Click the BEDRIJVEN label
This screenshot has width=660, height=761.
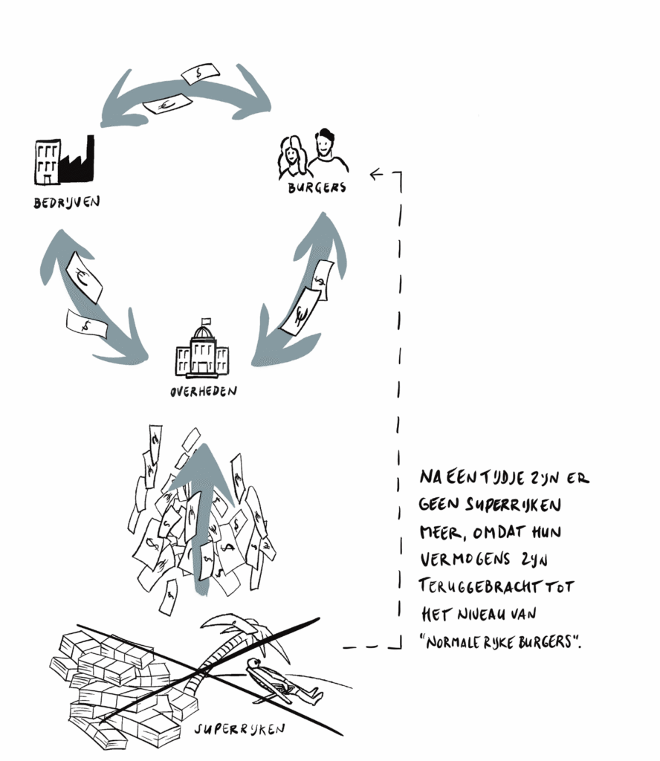pos(66,202)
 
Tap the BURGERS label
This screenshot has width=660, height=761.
pos(317,188)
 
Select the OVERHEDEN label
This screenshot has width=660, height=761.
pos(202,390)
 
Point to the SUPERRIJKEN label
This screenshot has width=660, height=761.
pos(239,729)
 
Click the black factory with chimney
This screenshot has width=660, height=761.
pos(78,162)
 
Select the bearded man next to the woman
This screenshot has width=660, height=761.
pos(326,153)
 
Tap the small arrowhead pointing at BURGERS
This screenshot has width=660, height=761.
pos(375,175)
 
